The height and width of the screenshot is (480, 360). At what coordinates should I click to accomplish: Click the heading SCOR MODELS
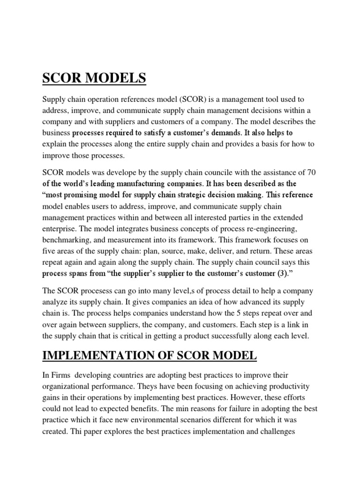94,79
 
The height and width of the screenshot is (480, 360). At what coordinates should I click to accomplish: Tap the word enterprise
61,228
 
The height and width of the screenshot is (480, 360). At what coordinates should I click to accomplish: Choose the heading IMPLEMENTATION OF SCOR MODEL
150,356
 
